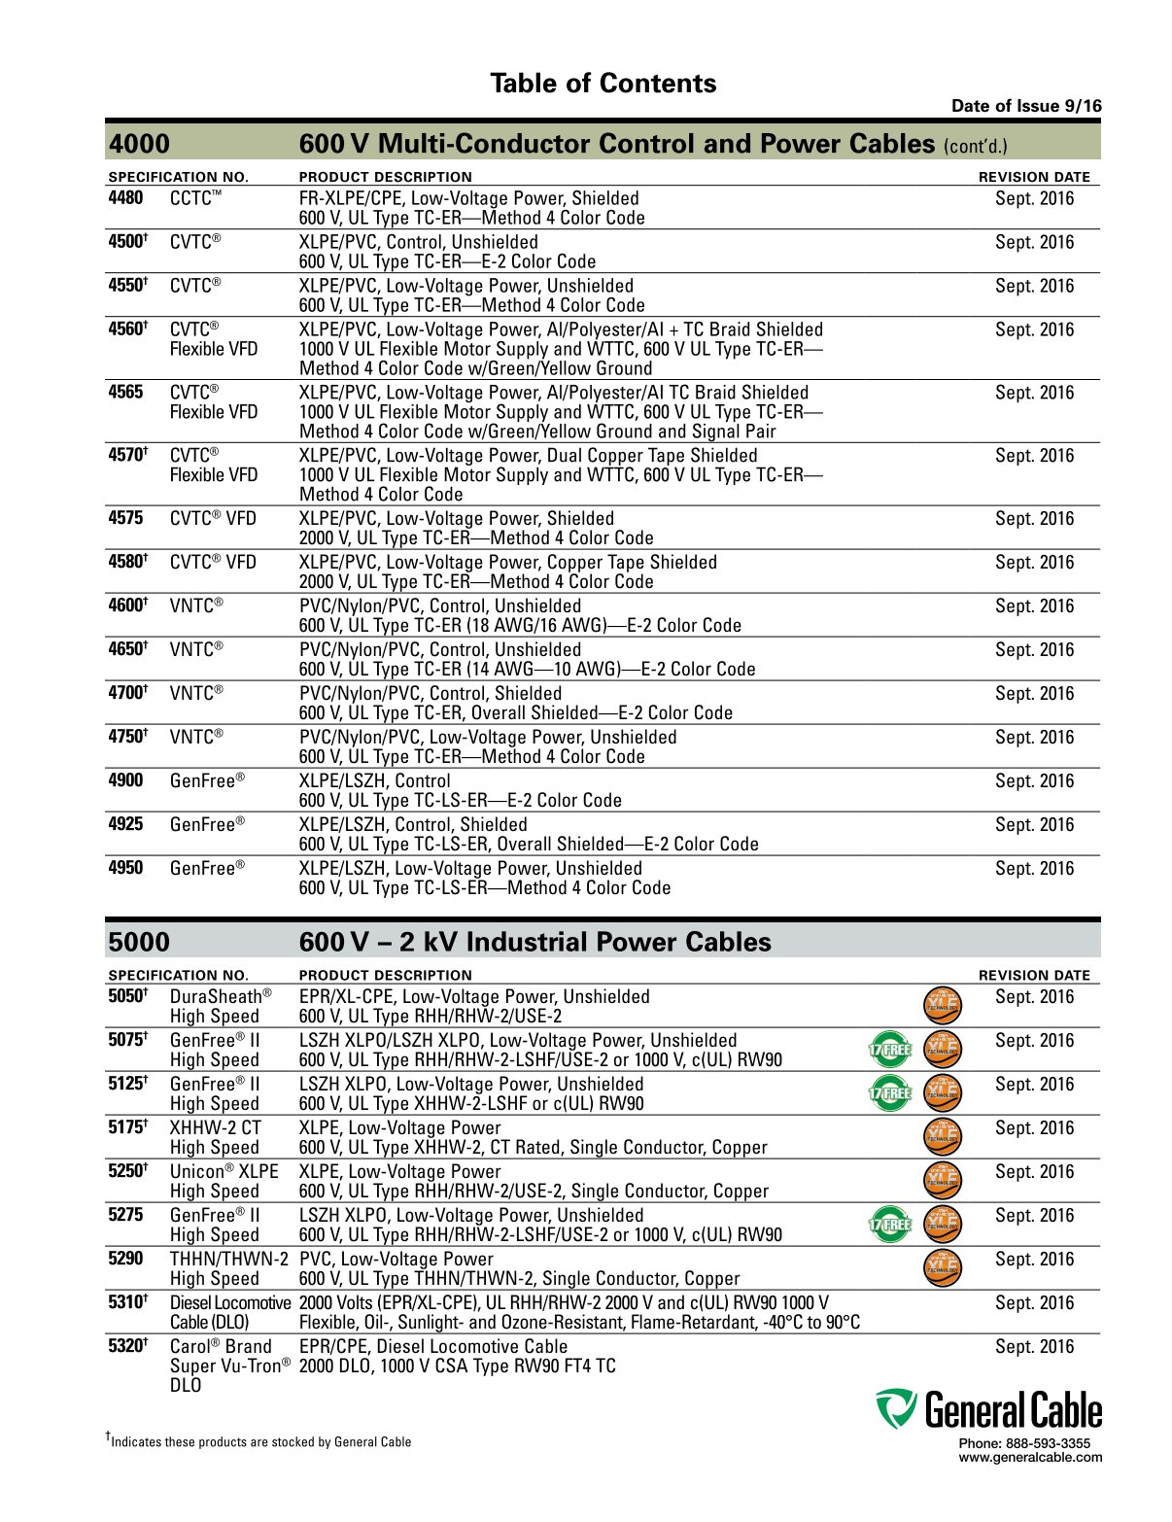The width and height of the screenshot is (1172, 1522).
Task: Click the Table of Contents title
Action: click(x=603, y=84)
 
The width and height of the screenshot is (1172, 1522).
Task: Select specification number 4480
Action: click(x=125, y=198)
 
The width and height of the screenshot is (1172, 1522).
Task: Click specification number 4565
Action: click(x=125, y=393)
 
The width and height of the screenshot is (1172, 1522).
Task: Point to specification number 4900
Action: click(x=125, y=780)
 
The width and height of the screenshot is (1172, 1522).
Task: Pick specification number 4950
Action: click(x=125, y=868)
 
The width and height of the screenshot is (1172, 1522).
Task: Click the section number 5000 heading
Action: click(x=139, y=942)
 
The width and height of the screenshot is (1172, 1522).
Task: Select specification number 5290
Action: click(x=125, y=1259)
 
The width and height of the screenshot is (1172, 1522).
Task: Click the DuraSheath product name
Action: click(x=221, y=996)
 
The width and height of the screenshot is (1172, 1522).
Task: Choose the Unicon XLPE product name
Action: click(x=224, y=1171)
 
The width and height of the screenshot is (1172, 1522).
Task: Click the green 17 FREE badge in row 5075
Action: click(x=890, y=1049)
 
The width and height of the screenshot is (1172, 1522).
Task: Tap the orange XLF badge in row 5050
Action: click(x=942, y=1005)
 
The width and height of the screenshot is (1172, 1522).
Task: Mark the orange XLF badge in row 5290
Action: click(x=942, y=1267)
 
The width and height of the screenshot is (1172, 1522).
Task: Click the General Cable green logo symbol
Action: click(x=895, y=1408)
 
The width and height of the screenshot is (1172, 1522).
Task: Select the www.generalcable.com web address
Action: click(x=1030, y=1457)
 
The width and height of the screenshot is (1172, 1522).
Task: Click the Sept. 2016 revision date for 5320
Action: click(x=1034, y=1346)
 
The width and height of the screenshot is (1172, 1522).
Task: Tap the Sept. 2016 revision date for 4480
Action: click(x=1034, y=198)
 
